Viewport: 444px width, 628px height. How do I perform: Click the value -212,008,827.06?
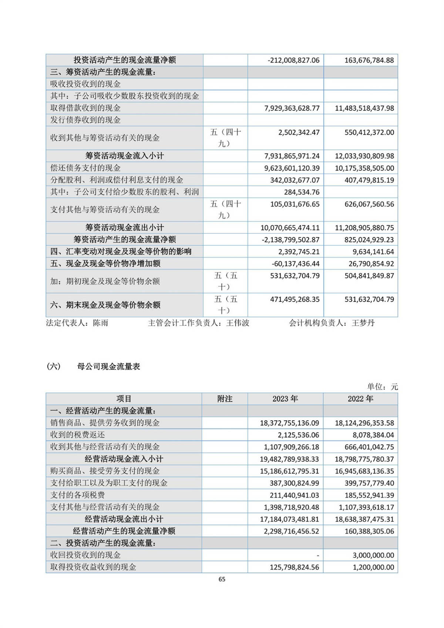(293, 60)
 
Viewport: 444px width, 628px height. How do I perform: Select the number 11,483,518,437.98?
(364, 108)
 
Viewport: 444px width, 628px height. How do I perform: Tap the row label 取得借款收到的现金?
(85, 108)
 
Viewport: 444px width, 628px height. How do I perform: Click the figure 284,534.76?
(302, 192)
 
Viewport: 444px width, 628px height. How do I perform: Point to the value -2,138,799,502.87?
(290, 240)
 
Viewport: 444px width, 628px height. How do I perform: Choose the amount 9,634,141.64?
(373, 252)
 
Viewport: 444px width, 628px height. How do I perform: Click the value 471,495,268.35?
(295, 300)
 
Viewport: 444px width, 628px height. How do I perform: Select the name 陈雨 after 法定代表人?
(101, 323)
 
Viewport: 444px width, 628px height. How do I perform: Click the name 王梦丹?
(363, 323)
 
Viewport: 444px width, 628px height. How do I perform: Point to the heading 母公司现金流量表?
(109, 367)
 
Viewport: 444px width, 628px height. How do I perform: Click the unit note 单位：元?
(382, 387)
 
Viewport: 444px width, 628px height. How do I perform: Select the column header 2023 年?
(285, 399)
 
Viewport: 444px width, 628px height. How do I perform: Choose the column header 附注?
(225, 399)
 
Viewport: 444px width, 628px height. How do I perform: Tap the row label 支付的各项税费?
(77, 495)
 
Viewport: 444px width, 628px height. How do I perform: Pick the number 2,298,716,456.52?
(291, 531)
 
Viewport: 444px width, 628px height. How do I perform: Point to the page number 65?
(222, 579)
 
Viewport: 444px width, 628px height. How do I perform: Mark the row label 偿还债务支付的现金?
(85, 168)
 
